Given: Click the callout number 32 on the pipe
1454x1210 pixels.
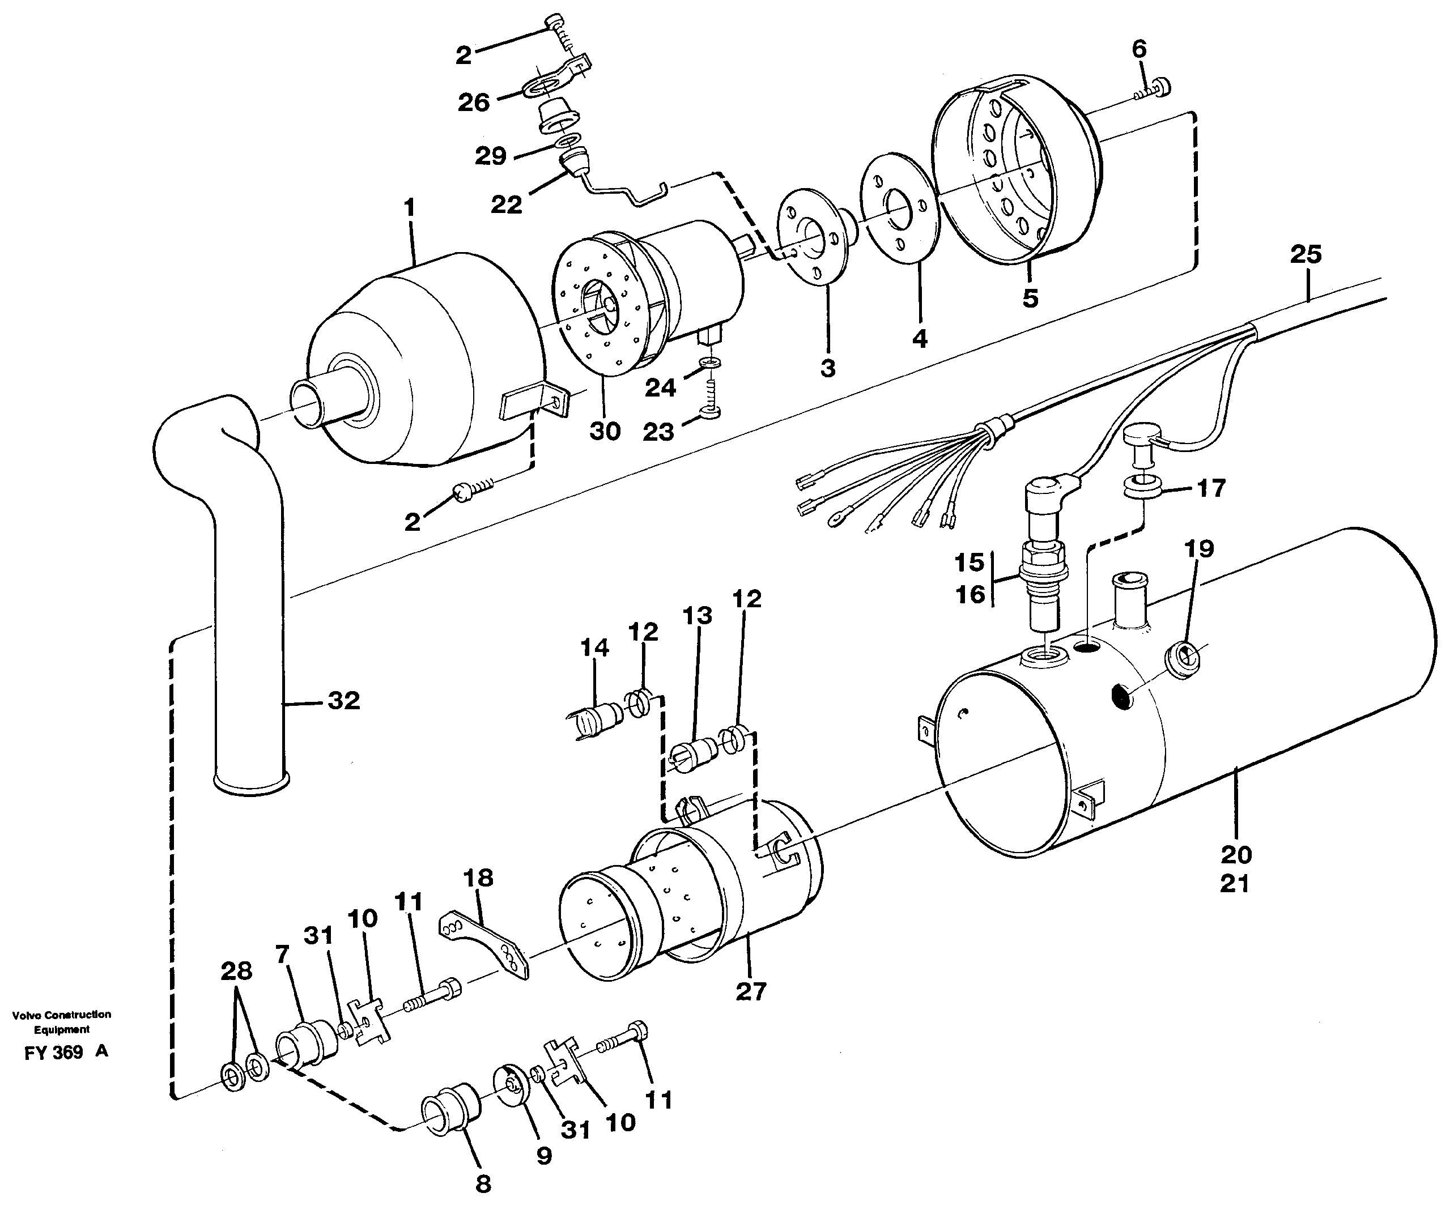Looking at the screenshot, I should (x=343, y=701).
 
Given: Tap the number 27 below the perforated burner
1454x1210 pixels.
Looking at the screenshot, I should (x=751, y=991).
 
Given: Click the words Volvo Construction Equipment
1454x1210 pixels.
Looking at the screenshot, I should (x=62, y=1022).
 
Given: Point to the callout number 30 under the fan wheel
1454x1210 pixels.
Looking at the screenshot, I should (x=605, y=431).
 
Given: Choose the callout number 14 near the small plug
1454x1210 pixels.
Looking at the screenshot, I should (x=594, y=647).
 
